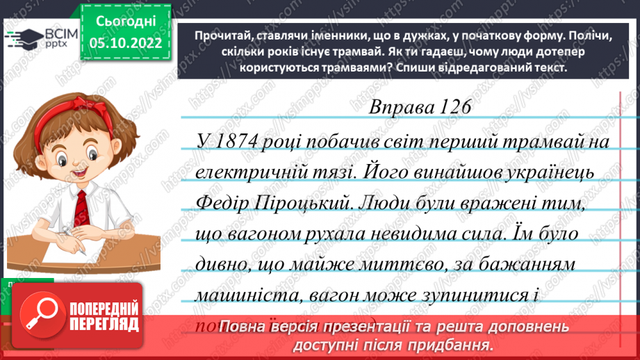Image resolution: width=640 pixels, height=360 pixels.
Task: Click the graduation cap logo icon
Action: pyautogui.click(x=23, y=38)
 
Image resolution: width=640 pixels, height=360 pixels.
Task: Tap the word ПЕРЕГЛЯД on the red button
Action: pyautogui.click(x=105, y=325)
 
